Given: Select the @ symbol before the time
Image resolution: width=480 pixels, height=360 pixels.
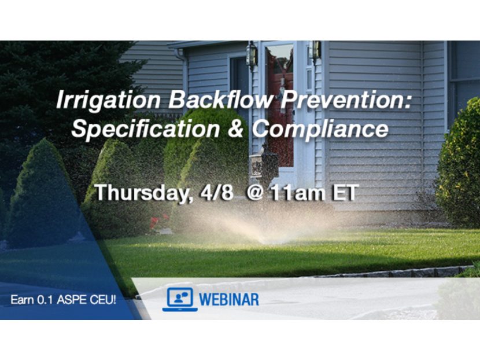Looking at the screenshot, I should pyautogui.click(x=255, y=192).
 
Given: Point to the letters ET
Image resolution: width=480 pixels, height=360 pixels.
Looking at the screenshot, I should pyautogui.click(x=343, y=192).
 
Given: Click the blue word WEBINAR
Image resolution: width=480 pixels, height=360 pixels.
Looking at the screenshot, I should pyautogui.click(x=230, y=300).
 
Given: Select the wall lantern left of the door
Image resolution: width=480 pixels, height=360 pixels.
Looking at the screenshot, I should pyautogui.click(x=251, y=56).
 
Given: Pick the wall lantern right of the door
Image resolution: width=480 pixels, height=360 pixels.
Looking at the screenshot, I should pyautogui.click(x=316, y=51).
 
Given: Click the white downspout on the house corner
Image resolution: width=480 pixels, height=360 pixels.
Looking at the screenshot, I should pyautogui.click(x=184, y=75).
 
